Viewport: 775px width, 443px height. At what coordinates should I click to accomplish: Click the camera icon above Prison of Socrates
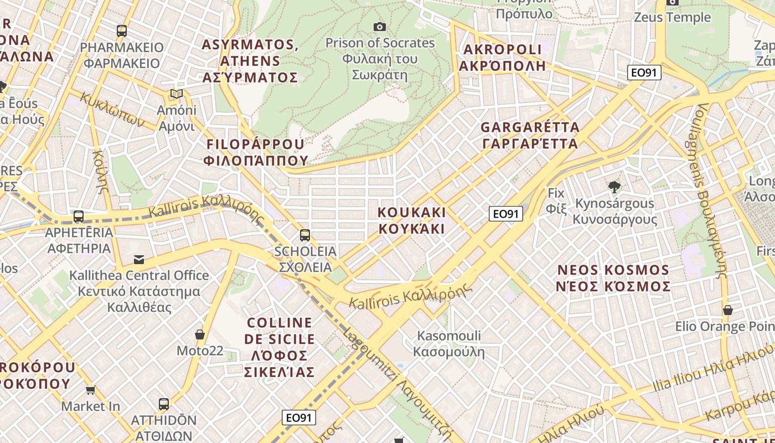[x=379, y=27]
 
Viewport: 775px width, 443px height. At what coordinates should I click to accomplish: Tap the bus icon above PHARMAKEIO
[x=122, y=31]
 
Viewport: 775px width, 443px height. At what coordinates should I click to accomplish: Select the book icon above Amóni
[x=177, y=94]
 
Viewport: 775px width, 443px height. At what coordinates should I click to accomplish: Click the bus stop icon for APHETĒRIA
[x=79, y=217]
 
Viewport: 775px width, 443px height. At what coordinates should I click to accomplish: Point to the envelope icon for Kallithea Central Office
[x=138, y=259]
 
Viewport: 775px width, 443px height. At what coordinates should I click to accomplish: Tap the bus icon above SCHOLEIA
[x=304, y=235]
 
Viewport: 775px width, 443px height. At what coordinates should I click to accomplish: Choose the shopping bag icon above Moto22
[x=200, y=334]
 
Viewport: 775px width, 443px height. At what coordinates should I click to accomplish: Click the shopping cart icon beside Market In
[x=91, y=390]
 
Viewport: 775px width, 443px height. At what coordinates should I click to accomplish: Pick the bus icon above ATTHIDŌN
[x=164, y=404]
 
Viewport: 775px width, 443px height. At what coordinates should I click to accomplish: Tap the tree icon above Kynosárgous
[x=614, y=187]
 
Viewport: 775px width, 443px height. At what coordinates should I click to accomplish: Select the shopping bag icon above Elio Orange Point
[x=728, y=310]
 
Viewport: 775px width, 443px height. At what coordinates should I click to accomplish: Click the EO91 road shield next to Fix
[x=506, y=214]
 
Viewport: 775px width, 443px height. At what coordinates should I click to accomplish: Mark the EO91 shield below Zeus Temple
[x=644, y=72]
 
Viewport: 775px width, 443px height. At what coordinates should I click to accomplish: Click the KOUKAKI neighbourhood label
[x=411, y=220]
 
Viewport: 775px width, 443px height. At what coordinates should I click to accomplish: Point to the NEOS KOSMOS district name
[x=613, y=278]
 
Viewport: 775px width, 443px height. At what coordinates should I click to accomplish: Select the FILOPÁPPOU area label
[x=255, y=152]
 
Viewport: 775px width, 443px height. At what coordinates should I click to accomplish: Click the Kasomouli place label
[x=449, y=343]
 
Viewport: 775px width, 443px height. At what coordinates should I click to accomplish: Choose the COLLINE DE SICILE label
[x=280, y=347]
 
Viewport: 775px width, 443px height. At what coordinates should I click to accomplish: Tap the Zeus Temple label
[x=672, y=17]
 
